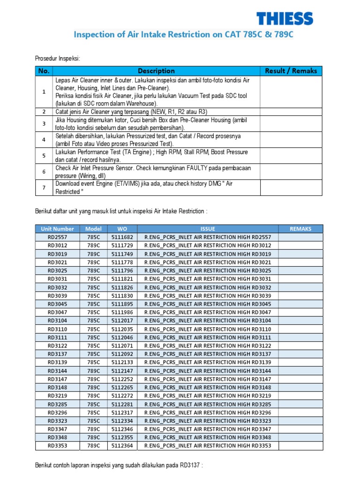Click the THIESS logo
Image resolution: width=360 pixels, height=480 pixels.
tap(285, 18)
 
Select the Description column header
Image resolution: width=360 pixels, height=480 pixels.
tap(156, 71)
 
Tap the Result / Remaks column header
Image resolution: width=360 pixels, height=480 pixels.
tap(291, 71)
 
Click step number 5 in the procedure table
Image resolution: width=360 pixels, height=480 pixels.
tap(44, 156)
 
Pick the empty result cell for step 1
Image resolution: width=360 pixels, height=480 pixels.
tap(291, 92)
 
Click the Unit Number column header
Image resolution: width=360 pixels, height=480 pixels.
tap(57, 229)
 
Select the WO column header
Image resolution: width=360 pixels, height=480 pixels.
tap(122, 229)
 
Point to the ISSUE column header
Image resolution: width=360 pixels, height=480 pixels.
tap(208, 229)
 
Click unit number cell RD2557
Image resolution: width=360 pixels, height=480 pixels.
tap(57, 237)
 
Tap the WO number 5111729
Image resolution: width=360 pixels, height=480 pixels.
tap(122, 246)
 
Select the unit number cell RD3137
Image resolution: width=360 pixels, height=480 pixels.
tap(57, 354)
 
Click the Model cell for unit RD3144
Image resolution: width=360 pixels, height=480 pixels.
tap(93, 370)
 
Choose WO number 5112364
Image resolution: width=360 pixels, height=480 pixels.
tap(122, 445)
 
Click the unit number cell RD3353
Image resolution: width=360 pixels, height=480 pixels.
tap(57, 445)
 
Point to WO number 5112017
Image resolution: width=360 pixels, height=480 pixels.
tap(122, 321)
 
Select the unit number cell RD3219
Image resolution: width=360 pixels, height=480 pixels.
tap(57, 396)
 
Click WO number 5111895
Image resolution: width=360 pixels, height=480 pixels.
tap(122, 304)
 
